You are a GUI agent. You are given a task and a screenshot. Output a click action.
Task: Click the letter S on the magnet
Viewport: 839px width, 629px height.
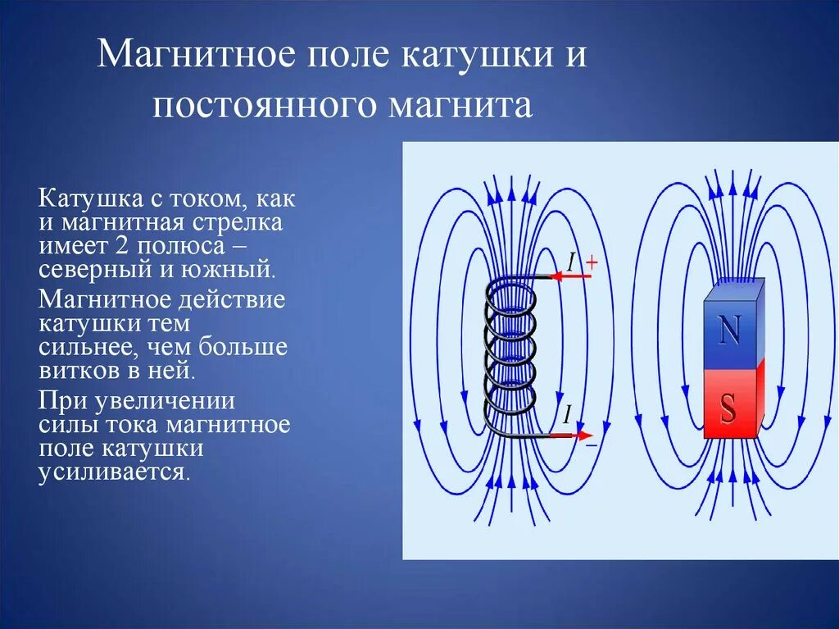point(728,408)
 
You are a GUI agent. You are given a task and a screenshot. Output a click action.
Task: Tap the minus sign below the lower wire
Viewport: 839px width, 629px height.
point(591,444)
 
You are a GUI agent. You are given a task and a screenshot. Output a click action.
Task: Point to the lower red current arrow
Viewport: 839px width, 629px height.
point(569,433)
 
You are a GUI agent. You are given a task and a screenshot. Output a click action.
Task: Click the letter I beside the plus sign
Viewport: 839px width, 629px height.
point(572,262)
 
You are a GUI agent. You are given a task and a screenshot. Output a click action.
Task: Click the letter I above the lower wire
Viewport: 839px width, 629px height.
point(566,415)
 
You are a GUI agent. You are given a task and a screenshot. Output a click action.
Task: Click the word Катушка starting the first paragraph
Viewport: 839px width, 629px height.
point(90,199)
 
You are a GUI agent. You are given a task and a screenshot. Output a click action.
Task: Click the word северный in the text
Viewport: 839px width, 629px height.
point(90,268)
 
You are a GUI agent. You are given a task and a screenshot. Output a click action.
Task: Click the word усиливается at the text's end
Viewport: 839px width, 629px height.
point(113,472)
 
